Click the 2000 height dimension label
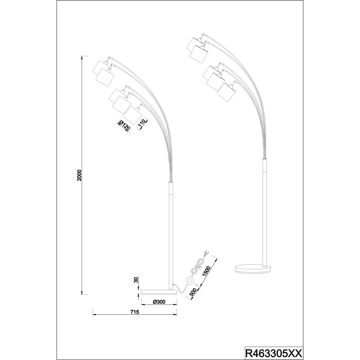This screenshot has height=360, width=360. point(79,175)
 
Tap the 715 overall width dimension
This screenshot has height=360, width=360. point(135,312)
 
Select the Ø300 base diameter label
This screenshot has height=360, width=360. point(159,302)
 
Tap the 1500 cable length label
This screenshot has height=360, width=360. point(206,272)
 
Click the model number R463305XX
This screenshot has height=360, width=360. point(274,352)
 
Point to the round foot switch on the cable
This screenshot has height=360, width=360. point(190,280)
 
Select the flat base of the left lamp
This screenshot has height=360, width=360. point(159,292)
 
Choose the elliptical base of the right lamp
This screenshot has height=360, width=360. point(253,269)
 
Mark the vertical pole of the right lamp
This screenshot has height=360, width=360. point(265,211)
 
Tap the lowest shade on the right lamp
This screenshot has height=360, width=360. point(226,92)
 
